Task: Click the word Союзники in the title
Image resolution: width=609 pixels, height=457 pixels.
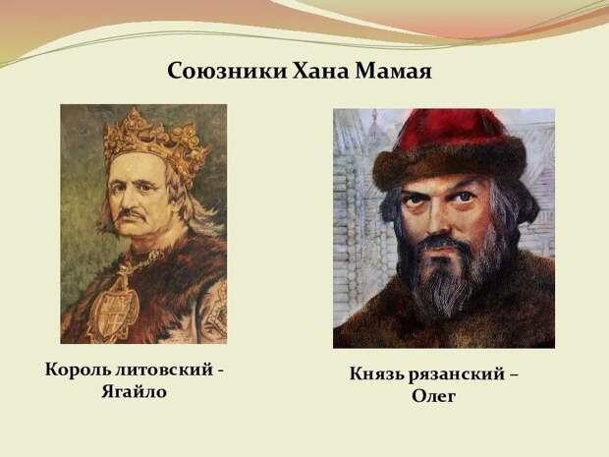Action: click(227, 71)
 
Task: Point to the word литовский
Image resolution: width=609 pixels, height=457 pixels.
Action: click(165, 370)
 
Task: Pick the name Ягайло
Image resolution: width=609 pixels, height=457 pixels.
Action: click(134, 392)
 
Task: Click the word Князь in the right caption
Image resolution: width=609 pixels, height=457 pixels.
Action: click(377, 374)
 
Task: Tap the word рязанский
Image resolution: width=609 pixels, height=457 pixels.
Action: click(457, 375)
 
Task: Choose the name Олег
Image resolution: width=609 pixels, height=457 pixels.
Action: click(433, 396)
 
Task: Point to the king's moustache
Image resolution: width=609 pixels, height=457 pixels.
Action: click(132, 214)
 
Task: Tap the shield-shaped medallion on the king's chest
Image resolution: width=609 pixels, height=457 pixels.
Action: click(113, 309)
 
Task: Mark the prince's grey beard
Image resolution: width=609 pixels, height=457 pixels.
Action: click(451, 272)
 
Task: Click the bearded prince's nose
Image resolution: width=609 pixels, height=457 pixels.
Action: click(442, 221)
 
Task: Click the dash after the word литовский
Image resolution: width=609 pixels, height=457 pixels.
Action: click(220, 371)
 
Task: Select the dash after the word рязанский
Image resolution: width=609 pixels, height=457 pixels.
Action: click(513, 375)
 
